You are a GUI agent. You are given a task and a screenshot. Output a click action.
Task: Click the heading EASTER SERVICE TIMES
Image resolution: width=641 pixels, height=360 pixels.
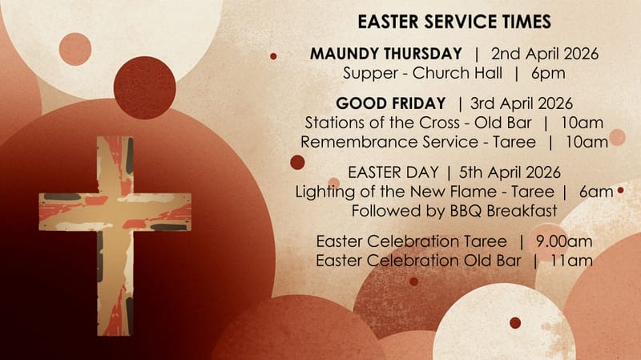pyautogui.click(x=454, y=21)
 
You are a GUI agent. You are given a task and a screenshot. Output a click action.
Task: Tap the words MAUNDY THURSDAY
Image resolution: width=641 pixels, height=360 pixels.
pyautogui.click(x=385, y=55)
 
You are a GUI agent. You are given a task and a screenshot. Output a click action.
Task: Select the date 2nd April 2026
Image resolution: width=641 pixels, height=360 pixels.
pyautogui.click(x=545, y=55)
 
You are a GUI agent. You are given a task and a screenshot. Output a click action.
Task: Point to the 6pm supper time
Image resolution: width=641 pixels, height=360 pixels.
pyautogui.click(x=548, y=74)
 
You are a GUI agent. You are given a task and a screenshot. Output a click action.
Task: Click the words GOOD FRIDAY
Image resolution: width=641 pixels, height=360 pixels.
pyautogui.click(x=390, y=103)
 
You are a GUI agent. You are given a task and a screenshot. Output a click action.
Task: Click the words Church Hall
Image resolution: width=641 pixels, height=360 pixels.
pyautogui.click(x=459, y=74)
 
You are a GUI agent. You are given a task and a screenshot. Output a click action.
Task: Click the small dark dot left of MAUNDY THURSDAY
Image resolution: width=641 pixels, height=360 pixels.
pyautogui.click(x=273, y=56)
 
